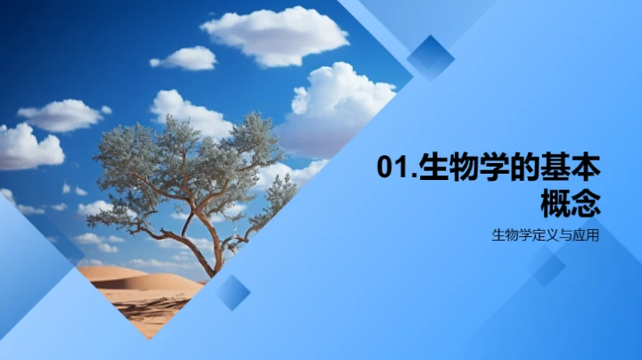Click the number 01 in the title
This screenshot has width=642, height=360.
click(x=391, y=168)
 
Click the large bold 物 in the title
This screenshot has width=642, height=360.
click(x=473, y=168)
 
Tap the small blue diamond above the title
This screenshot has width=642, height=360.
click(x=431, y=57)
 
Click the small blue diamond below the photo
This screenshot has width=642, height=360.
click(x=233, y=292)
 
